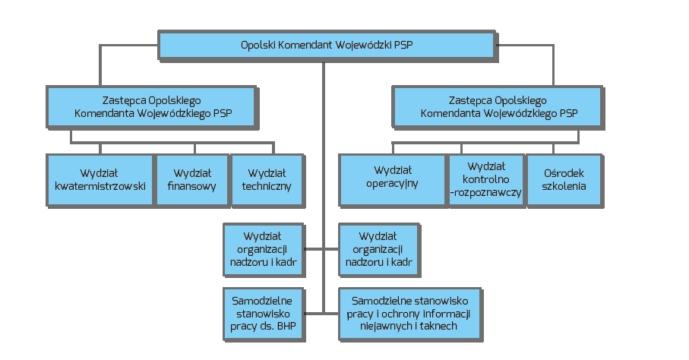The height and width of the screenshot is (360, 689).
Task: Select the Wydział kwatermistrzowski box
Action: click(100, 179)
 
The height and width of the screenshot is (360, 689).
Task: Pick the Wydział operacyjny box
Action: click(392, 179)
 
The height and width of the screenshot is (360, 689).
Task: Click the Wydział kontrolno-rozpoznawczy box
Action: click(485, 179)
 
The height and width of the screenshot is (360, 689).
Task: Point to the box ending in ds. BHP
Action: click(263, 313)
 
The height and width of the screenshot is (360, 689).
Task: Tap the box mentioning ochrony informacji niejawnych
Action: click(410, 313)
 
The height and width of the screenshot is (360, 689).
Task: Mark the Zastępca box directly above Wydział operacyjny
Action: click(498, 106)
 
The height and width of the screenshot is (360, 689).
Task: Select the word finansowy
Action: click(194, 186)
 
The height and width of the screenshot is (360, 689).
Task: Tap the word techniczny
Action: click(267, 186)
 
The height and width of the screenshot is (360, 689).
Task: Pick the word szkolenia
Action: click(564, 186)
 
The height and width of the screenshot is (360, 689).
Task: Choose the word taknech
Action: click(437, 326)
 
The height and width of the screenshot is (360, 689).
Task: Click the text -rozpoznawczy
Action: click(485, 193)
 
